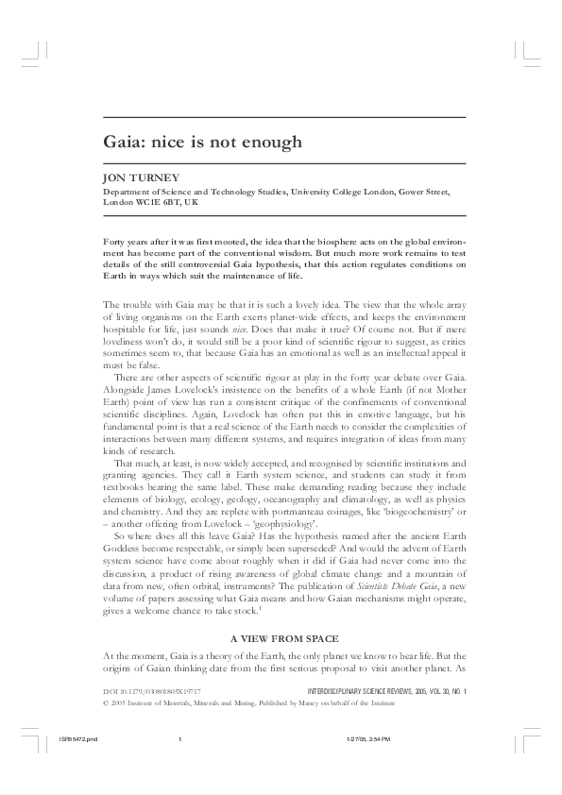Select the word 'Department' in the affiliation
click(x=127, y=192)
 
